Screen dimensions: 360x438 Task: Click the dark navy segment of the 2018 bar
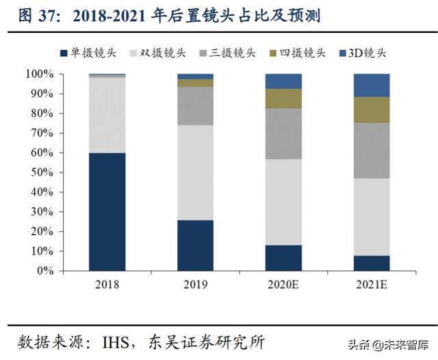(x=107, y=211)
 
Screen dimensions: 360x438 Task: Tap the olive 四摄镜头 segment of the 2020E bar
(x=283, y=99)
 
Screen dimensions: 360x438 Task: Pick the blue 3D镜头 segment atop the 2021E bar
(x=372, y=85)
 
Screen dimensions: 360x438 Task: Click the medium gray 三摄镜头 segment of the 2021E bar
(x=372, y=151)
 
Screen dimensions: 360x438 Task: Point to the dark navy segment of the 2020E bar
(x=283, y=257)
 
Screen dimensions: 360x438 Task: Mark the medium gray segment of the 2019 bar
(x=195, y=106)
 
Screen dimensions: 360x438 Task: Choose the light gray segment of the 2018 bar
(x=107, y=115)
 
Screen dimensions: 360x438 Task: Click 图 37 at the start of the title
(x=28, y=14)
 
